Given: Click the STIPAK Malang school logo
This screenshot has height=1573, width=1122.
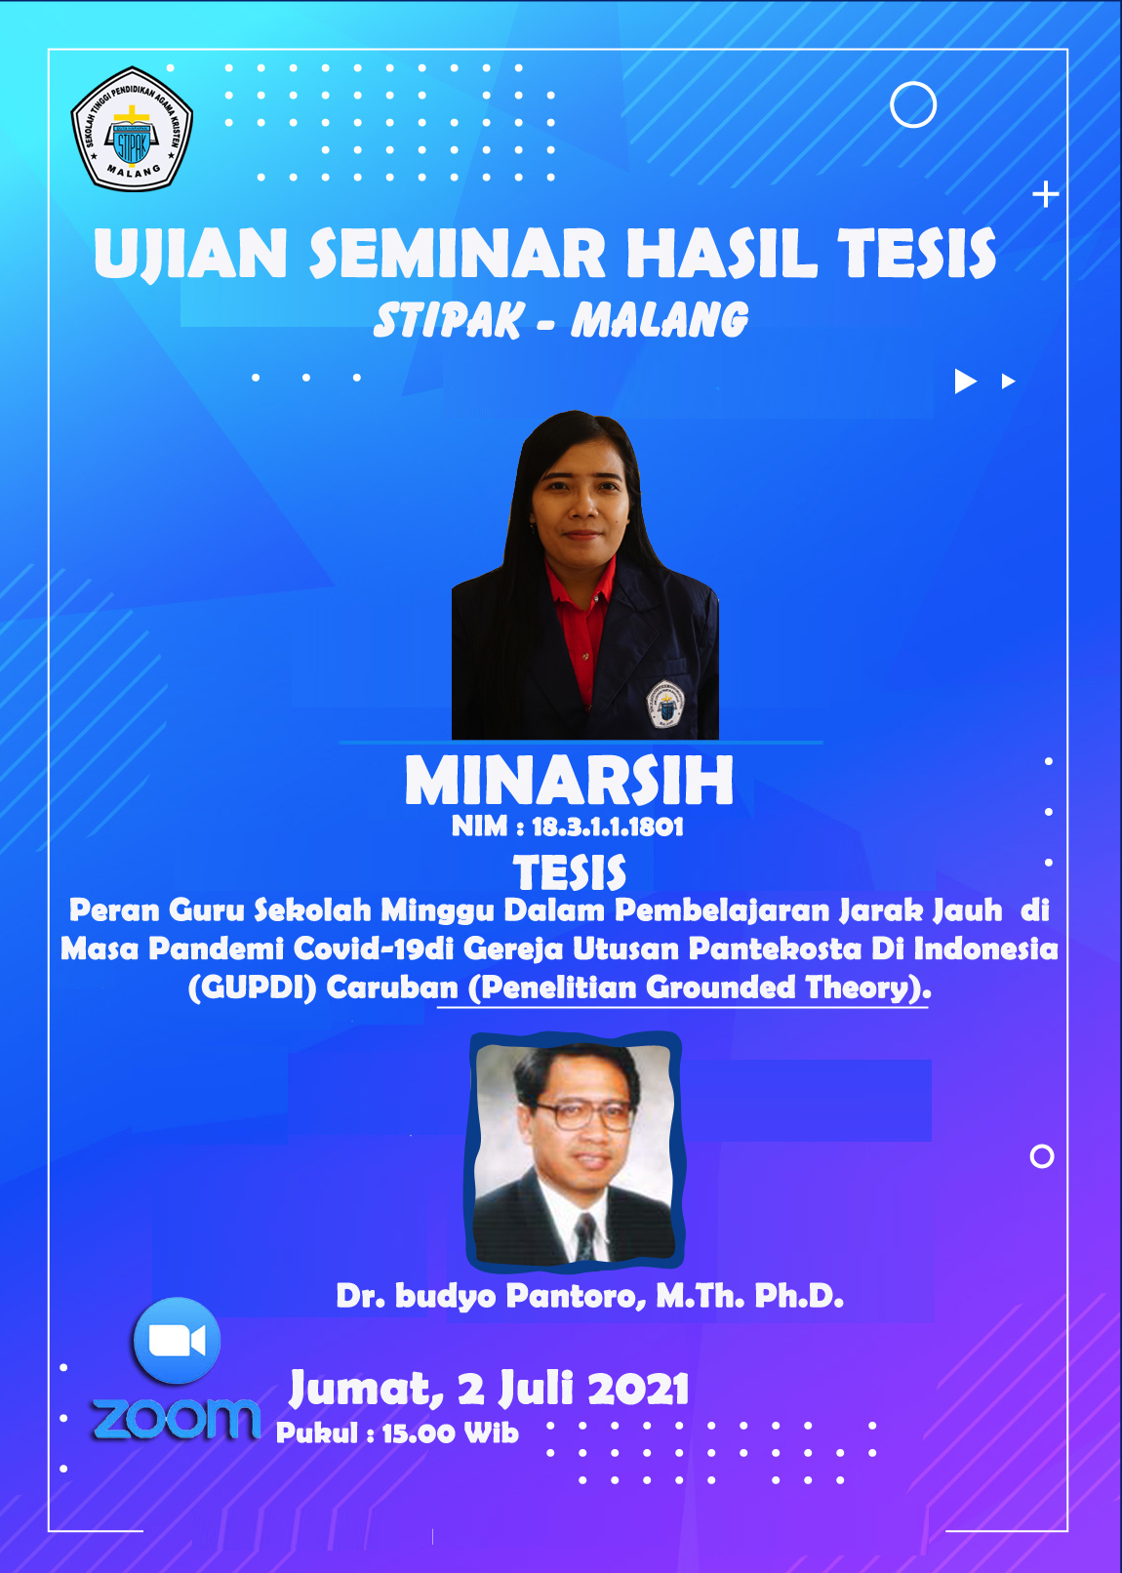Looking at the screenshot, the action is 132,129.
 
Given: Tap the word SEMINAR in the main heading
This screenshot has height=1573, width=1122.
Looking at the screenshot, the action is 458,254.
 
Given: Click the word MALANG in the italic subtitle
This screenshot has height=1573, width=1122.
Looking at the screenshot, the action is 660,319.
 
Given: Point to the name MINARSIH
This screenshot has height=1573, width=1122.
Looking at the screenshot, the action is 570,781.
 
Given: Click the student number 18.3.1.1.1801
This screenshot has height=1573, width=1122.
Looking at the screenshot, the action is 607,827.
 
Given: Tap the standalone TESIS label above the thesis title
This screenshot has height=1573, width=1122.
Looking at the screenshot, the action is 570,873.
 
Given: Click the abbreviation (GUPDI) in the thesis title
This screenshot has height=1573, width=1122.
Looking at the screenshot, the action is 252,988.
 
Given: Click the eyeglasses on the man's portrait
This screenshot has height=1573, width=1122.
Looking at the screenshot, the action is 582,1116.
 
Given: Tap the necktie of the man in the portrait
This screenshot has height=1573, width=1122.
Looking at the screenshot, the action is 584,1235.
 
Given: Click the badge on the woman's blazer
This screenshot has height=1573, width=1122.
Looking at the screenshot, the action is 665,704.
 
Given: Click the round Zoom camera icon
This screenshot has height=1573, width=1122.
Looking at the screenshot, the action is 177,1341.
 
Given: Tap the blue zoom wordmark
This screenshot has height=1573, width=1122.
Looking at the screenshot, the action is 177,1419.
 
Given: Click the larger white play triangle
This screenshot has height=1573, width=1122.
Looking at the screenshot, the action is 964,382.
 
